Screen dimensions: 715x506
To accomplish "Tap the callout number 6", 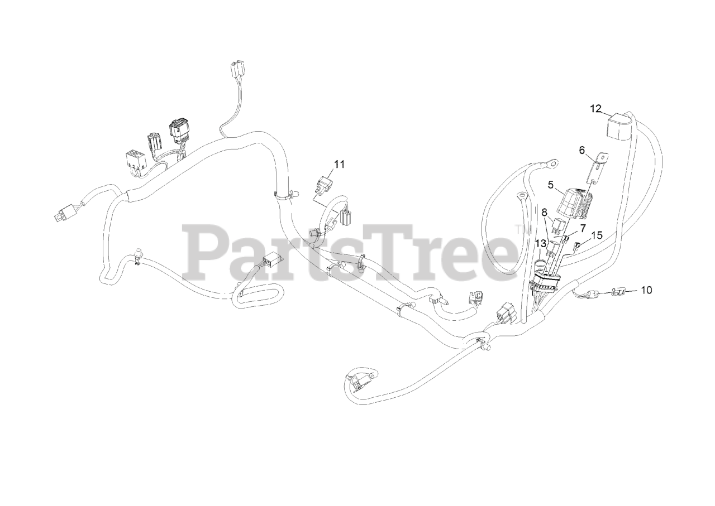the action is point(581,150).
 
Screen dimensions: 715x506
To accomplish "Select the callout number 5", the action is point(550,184).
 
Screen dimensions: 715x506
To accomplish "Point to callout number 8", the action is point(544,212).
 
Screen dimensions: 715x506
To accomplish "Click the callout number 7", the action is point(582,228).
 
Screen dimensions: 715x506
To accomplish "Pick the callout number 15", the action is point(597,235).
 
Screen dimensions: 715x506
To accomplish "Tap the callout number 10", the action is point(646,290).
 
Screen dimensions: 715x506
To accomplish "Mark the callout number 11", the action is point(340,164).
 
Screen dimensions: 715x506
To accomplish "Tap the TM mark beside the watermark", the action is point(519,229).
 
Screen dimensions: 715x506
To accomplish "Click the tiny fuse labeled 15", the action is point(578,244).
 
